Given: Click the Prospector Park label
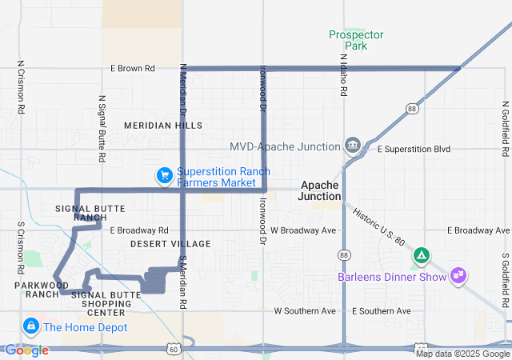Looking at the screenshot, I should click(356, 40).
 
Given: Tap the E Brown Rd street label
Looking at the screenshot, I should click(133, 69).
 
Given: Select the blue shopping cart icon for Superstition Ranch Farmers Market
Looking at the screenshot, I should click(165, 175).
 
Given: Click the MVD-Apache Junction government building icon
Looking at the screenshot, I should click(352, 146).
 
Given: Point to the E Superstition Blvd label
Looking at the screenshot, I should click(414, 150).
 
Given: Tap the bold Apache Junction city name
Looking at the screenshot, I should click(321, 190).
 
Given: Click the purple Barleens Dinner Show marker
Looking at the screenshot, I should click(458, 275).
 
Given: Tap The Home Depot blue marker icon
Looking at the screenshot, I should click(31, 326).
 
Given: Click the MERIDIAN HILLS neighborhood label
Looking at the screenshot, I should click(163, 126).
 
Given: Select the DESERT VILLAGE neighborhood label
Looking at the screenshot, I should click(170, 244).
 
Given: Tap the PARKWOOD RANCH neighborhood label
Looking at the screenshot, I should click(37, 289).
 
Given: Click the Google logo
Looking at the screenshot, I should click(26, 350).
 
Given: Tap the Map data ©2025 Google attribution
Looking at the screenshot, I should click(462, 354).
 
